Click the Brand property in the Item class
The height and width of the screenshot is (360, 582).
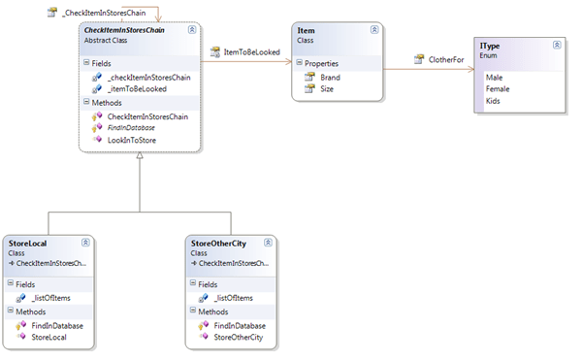tap(330, 77)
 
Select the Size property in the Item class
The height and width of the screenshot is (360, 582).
tap(327, 88)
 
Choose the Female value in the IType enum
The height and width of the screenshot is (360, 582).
tap(499, 88)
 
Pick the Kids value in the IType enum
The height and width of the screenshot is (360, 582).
tap(493, 100)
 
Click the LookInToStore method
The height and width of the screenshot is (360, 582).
tap(133, 140)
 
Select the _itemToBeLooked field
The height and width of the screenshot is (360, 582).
tap(137, 88)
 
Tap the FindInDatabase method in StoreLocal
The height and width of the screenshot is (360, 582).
tap(57, 325)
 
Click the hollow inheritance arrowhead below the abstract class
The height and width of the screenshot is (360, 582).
tap(140, 159)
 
